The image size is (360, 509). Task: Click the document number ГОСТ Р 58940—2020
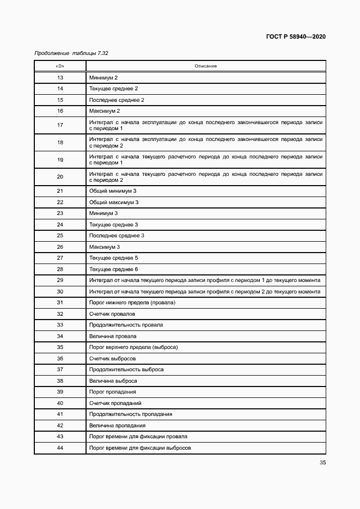[296, 36]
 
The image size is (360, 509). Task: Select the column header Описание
[206, 66]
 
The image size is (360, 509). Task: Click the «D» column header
[60, 66]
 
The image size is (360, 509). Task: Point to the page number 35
[322, 463]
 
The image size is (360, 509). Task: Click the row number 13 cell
[60, 78]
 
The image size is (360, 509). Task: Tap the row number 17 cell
[60, 125]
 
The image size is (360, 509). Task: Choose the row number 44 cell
[60, 447]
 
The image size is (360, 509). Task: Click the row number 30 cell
[60, 292]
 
